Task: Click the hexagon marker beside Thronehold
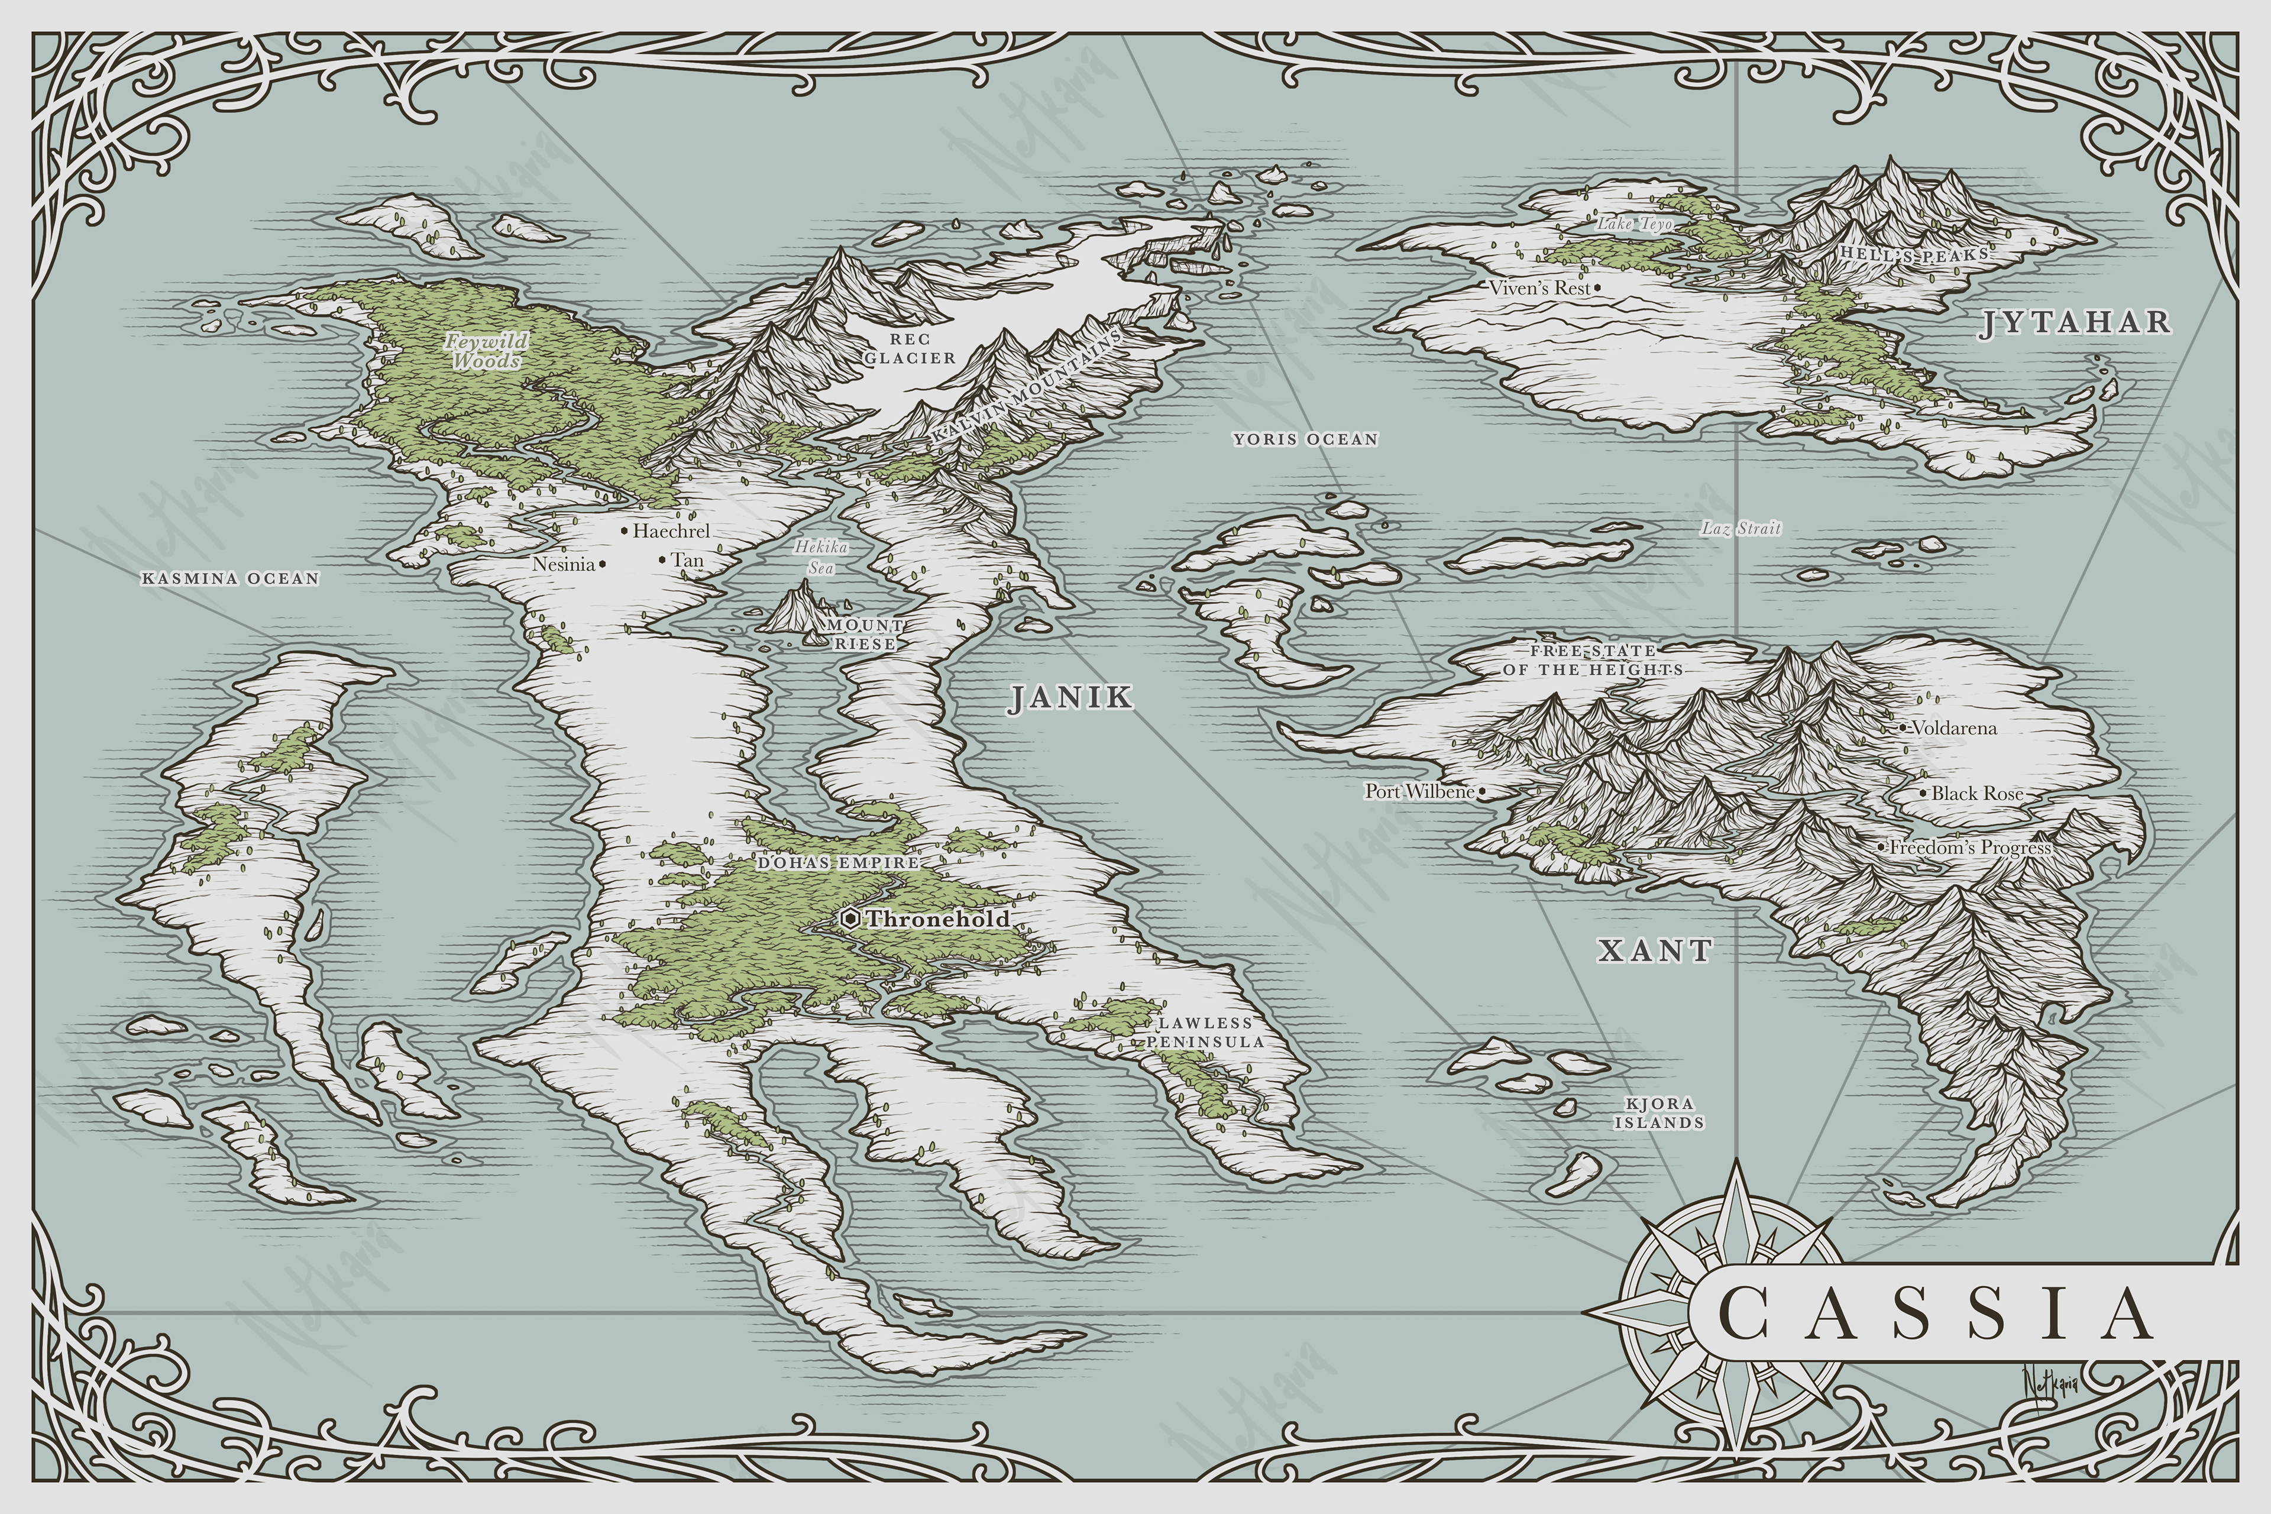point(850,918)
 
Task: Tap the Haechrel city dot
point(625,530)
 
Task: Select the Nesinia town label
point(564,564)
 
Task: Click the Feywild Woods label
point(487,351)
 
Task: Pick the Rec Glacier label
point(910,348)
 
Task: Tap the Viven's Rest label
point(1538,288)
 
